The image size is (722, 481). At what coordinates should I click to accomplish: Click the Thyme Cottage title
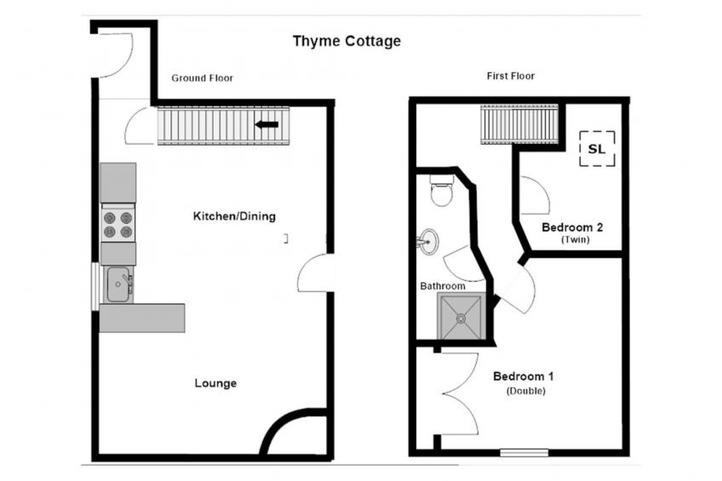point(347,42)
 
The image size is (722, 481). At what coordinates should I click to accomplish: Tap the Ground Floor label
point(202,78)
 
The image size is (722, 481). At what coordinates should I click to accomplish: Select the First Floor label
point(511,76)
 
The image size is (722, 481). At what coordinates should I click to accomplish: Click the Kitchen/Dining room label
point(234,216)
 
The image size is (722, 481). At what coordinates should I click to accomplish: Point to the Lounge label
point(215,383)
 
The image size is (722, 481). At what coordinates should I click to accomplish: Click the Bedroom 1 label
point(523,376)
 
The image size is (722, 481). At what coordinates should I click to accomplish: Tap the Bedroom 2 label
point(572,227)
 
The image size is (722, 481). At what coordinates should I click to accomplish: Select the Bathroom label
point(443,286)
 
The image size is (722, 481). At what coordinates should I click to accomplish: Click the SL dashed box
point(597,149)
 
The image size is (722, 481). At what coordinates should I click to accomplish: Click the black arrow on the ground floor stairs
point(266,124)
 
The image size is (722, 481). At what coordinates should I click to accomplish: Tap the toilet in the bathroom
point(442,190)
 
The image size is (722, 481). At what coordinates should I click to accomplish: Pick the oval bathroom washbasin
point(429,242)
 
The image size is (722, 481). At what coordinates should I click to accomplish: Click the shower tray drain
point(461,318)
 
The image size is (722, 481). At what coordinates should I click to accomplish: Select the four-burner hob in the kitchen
point(117,225)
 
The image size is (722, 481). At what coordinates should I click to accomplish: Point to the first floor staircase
point(519,124)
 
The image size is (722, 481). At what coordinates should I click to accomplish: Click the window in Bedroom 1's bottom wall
point(524,453)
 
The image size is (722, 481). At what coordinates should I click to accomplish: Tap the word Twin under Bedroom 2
point(575,240)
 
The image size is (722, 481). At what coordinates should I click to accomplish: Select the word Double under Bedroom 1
point(526,392)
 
